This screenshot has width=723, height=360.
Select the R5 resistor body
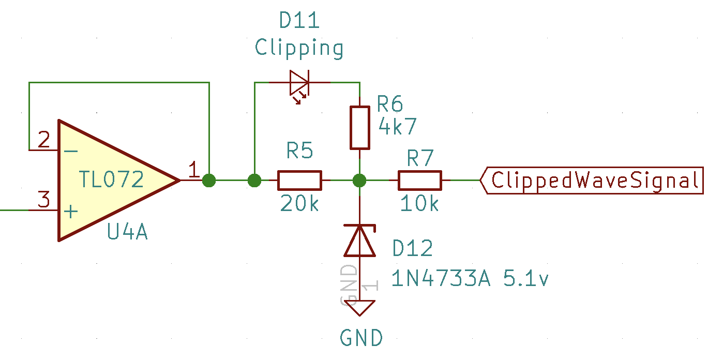tap(300, 181)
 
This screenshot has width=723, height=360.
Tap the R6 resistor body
tap(360, 128)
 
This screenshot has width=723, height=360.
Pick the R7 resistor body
tap(419, 181)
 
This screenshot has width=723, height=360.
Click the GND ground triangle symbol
tap(360, 308)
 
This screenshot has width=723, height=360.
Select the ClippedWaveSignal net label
tap(593, 181)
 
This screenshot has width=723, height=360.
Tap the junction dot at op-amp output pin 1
tap(209, 181)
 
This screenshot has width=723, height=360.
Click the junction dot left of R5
tap(254, 181)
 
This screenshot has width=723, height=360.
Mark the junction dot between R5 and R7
tap(360, 181)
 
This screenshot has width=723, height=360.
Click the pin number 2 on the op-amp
tap(44, 140)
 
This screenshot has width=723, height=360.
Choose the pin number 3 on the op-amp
tap(44, 199)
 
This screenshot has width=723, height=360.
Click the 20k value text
tap(300, 204)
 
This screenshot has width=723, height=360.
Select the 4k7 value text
tap(397, 126)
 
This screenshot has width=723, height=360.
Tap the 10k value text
tap(419, 204)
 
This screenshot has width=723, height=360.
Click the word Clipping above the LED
tap(299, 48)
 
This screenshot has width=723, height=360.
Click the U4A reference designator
tap(127, 233)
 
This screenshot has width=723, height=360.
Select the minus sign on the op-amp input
tap(71, 151)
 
